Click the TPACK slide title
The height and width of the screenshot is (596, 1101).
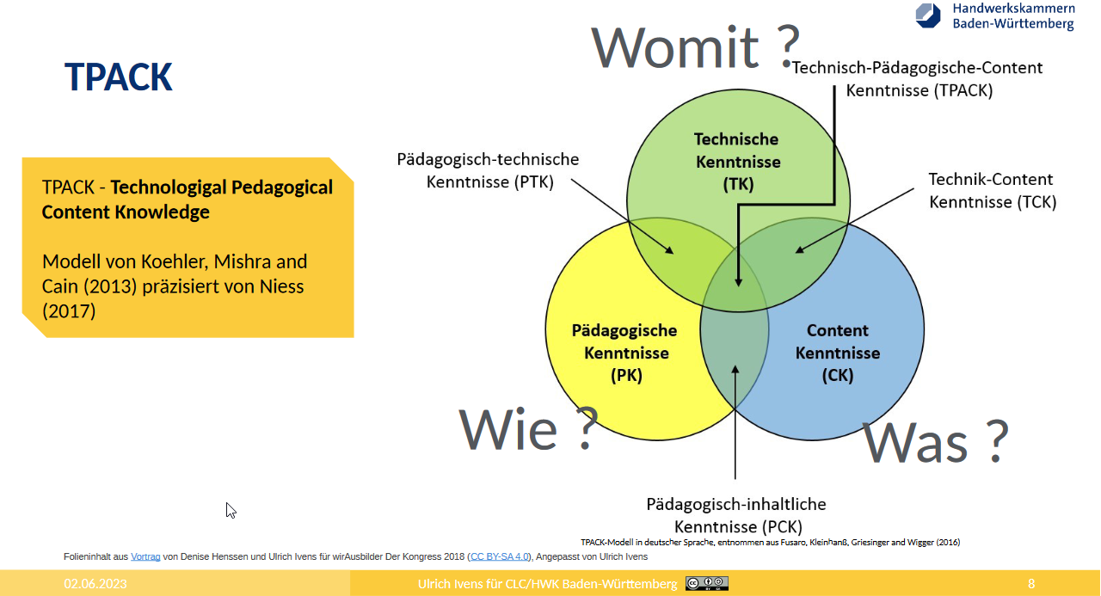(119, 77)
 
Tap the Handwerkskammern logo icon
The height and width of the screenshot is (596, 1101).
(928, 15)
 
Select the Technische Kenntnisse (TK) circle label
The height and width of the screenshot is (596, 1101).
(737, 162)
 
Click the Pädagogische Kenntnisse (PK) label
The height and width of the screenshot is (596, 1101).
(624, 353)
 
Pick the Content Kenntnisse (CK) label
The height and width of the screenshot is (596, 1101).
(838, 353)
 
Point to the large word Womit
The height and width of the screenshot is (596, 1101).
(676, 47)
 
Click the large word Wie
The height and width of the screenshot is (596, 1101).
(508, 429)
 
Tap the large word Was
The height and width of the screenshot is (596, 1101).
(914, 443)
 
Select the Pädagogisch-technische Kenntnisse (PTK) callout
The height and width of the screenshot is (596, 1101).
(488, 170)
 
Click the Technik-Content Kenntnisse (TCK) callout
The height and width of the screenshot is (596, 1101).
(993, 191)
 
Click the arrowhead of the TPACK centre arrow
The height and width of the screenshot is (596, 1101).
(738, 282)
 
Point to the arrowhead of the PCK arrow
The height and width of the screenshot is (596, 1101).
(735, 369)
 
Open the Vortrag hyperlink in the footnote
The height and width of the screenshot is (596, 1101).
(145, 556)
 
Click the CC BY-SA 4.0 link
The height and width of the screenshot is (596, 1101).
(499, 556)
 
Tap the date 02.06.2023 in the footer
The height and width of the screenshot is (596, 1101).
(95, 584)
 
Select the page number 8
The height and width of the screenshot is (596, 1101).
(1031, 584)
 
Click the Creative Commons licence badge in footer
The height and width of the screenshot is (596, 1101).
(707, 583)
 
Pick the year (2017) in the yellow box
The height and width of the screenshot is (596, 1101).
(69, 311)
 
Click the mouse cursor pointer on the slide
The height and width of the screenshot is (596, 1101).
(231, 510)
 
